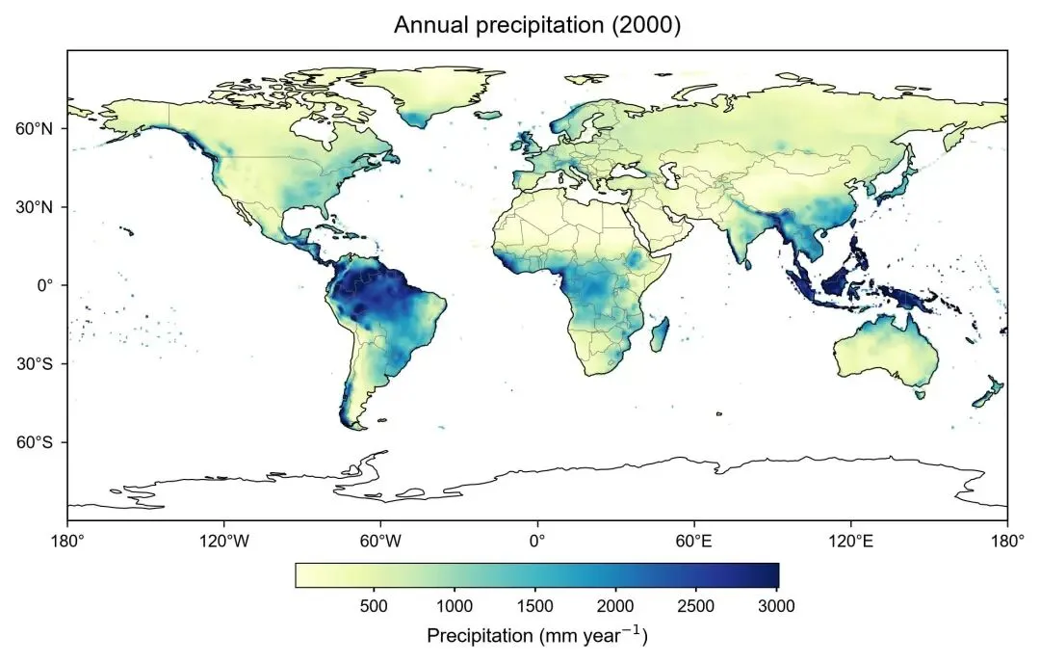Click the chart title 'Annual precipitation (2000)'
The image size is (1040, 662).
tap(537, 24)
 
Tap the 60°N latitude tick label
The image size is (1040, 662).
tap(33, 128)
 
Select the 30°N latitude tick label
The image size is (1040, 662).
tap(33, 207)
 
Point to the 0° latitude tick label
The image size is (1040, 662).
tap(43, 285)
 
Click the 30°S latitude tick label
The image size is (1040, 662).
tap(33, 364)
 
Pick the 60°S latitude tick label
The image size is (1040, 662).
tap(33, 442)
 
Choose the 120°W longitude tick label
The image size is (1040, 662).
tap(224, 542)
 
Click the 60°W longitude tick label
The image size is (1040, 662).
tap(380, 542)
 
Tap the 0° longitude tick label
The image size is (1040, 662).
tap(537, 542)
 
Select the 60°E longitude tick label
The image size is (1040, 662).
tap(693, 542)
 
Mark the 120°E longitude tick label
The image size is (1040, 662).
tap(850, 542)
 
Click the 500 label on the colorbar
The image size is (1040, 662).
tap(374, 605)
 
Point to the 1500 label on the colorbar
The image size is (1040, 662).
tap(534, 605)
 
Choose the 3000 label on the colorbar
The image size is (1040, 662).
tap(777, 605)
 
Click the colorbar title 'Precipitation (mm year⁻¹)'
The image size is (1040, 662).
tap(537, 635)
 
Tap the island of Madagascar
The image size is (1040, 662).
tap(660, 334)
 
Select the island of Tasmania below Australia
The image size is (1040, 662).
tap(920, 394)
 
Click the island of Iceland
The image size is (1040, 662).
tap(489, 115)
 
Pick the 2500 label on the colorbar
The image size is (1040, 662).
tap(696, 605)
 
